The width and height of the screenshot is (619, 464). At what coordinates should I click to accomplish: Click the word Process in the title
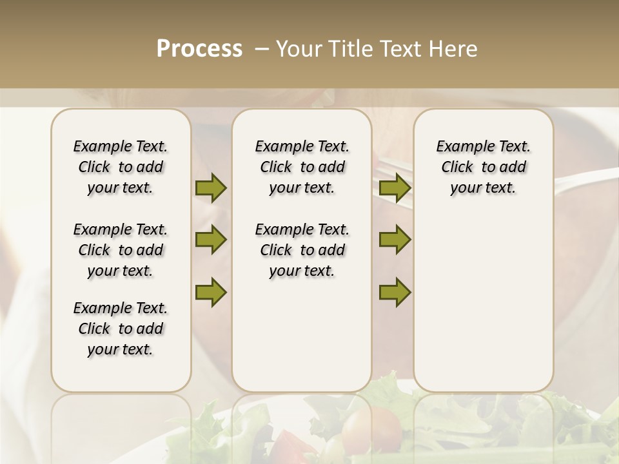coord(199,48)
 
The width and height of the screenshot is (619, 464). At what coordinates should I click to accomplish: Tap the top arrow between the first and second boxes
coord(211,188)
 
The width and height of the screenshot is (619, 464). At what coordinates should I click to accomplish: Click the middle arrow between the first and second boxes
coord(211,240)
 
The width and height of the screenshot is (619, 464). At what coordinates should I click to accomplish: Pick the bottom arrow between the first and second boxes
coord(211,293)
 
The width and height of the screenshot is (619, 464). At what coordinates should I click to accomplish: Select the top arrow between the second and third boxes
coord(395,188)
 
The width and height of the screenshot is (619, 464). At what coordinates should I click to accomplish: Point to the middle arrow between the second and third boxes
coord(395,240)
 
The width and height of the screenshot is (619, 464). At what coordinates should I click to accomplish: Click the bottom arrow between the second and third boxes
coord(395,293)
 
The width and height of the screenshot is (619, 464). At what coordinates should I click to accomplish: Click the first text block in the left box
coord(121,167)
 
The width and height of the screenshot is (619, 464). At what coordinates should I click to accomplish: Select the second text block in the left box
coord(121,250)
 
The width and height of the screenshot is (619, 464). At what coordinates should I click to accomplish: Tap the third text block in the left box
coord(121,329)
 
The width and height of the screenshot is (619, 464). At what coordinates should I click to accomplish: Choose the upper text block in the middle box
coord(302,167)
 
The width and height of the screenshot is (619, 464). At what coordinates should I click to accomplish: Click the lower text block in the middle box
coord(302,250)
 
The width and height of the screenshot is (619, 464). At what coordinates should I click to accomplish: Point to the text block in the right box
coord(483,167)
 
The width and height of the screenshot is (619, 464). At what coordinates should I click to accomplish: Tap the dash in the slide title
coord(262,49)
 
